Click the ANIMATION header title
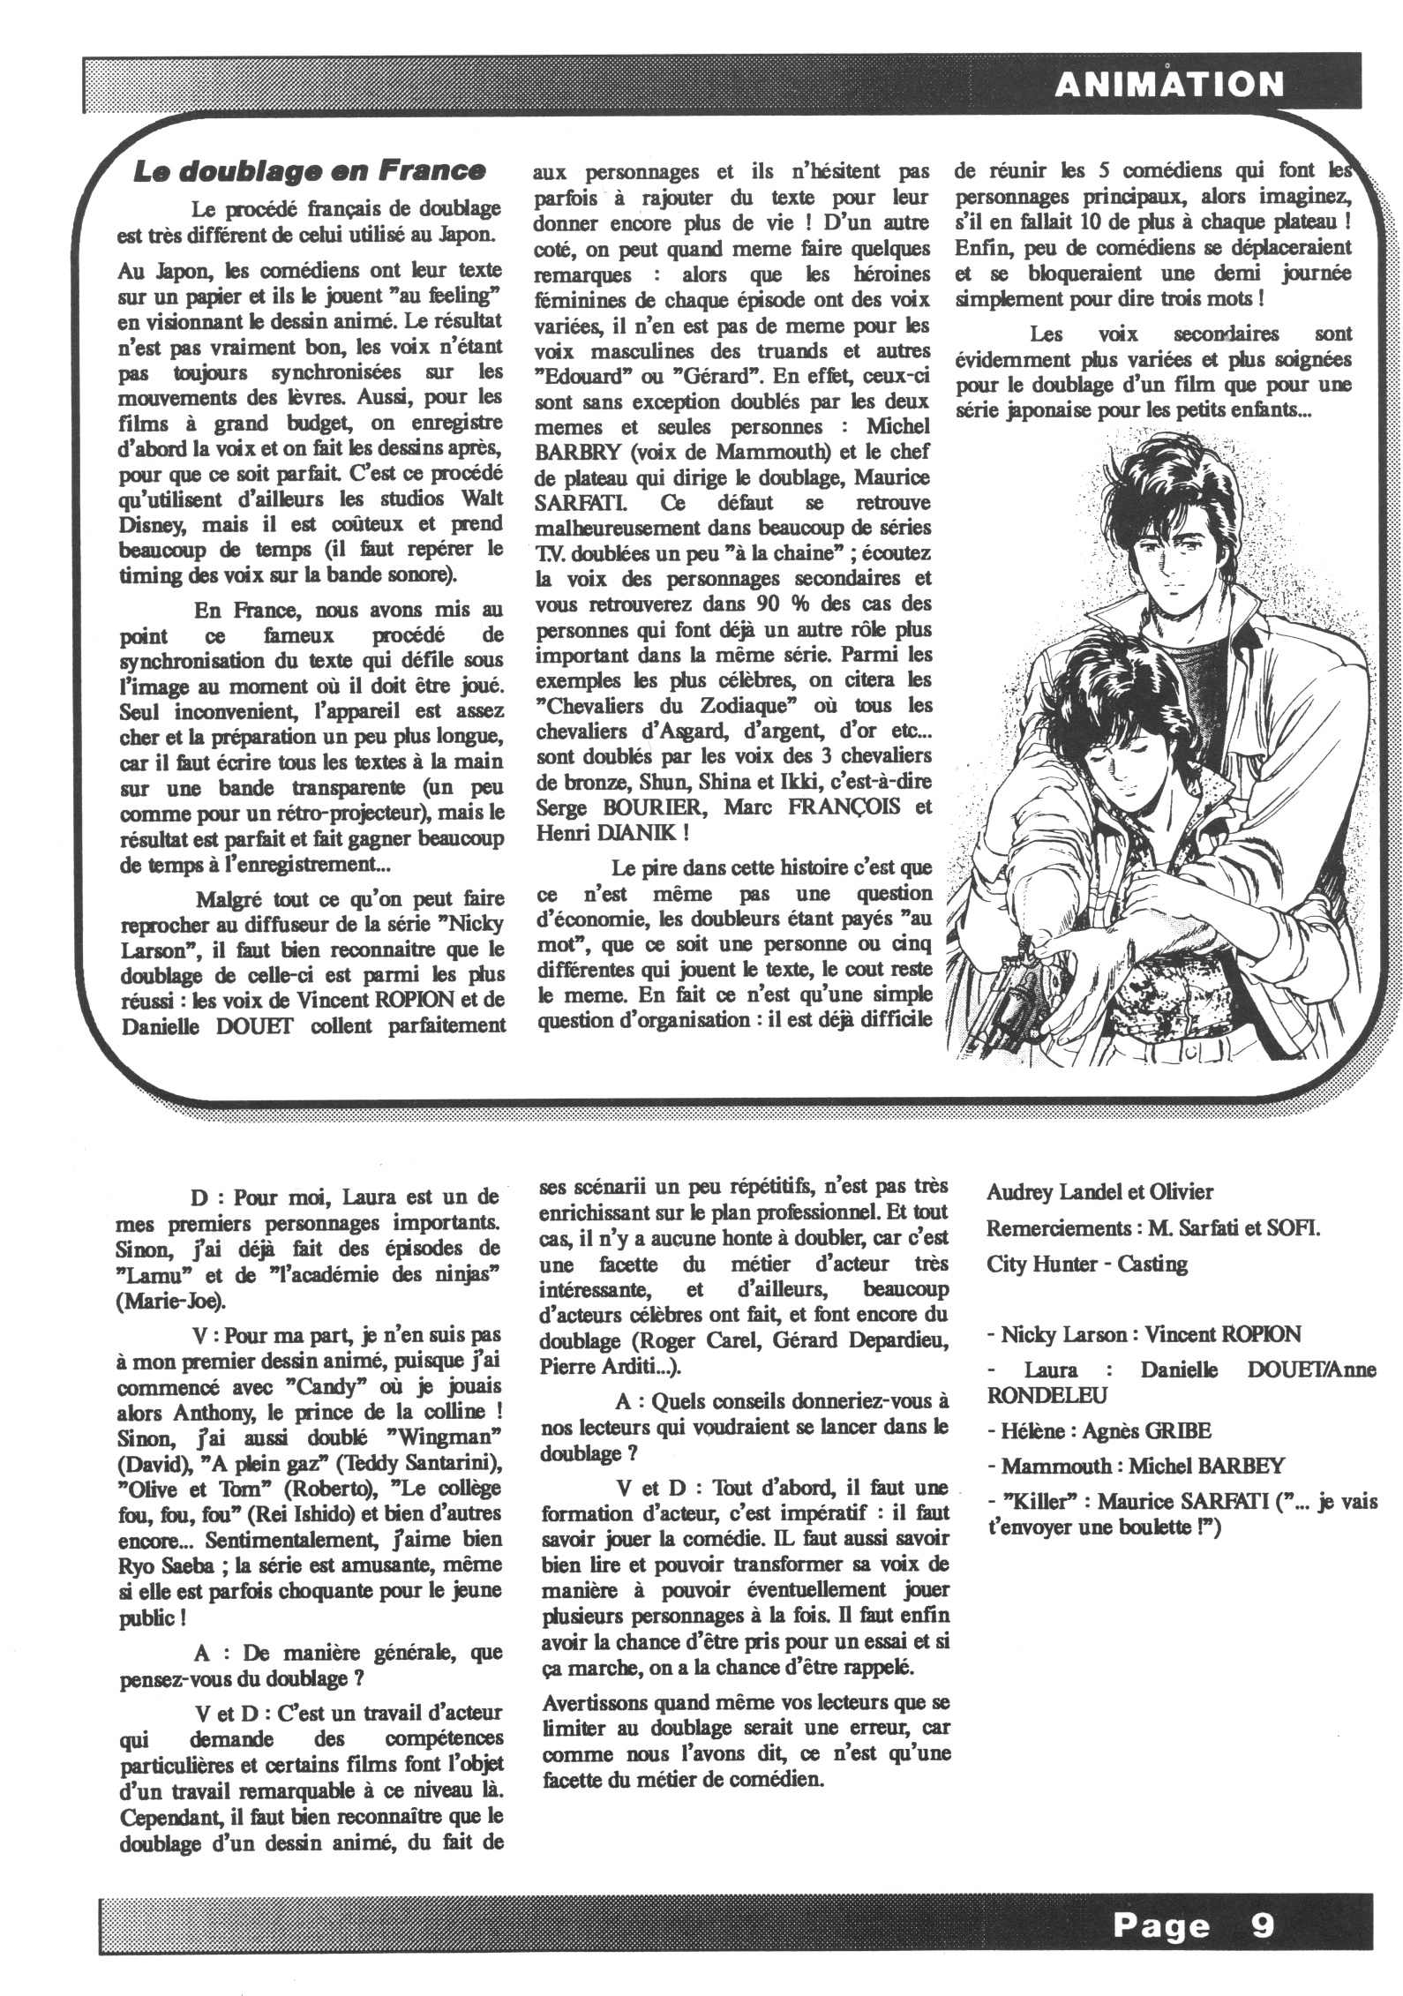1169,86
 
